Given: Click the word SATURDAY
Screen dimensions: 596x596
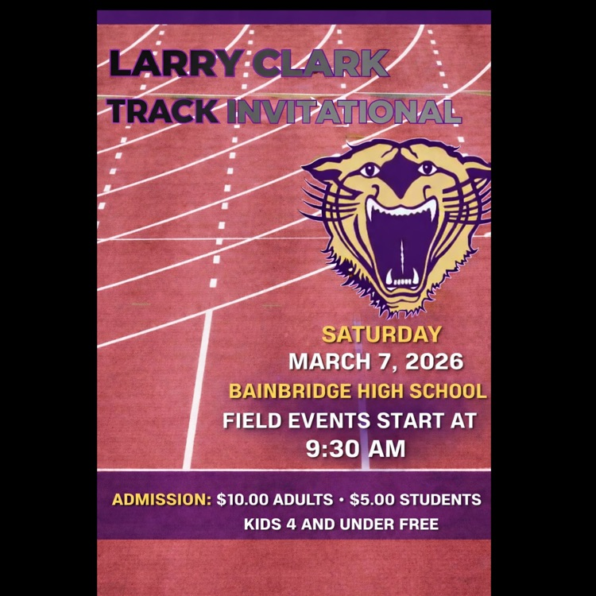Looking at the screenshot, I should click(381, 335).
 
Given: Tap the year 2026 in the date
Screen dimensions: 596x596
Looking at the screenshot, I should click(434, 362).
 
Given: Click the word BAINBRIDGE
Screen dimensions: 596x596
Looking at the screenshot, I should click(295, 391).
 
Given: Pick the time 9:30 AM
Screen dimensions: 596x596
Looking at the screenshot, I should click(356, 449).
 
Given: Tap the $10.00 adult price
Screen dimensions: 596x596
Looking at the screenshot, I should click(242, 501).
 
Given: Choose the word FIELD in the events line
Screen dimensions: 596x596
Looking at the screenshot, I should click(251, 420).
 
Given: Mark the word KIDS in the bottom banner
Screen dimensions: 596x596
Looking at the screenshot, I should click(263, 524).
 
